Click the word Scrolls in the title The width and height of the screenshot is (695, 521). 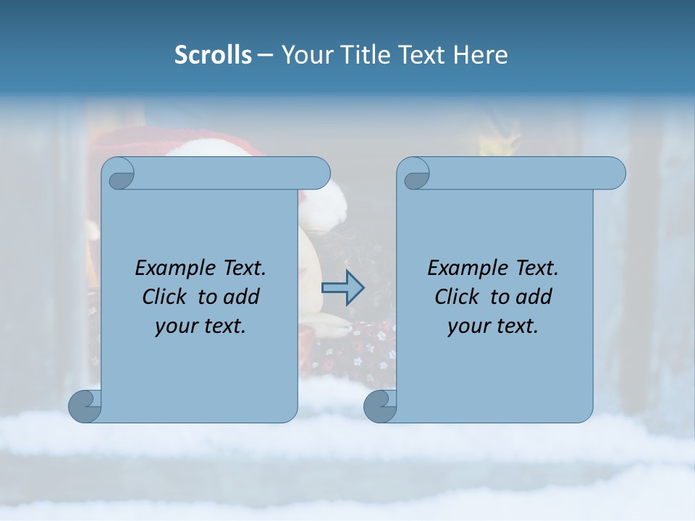(213, 55)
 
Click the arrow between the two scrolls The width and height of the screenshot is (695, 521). (342, 287)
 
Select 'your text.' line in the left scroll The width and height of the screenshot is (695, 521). (201, 326)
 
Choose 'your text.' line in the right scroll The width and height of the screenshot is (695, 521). (493, 326)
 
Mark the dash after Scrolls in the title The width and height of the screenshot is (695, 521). (266, 56)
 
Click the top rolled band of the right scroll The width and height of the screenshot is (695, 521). (521, 173)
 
